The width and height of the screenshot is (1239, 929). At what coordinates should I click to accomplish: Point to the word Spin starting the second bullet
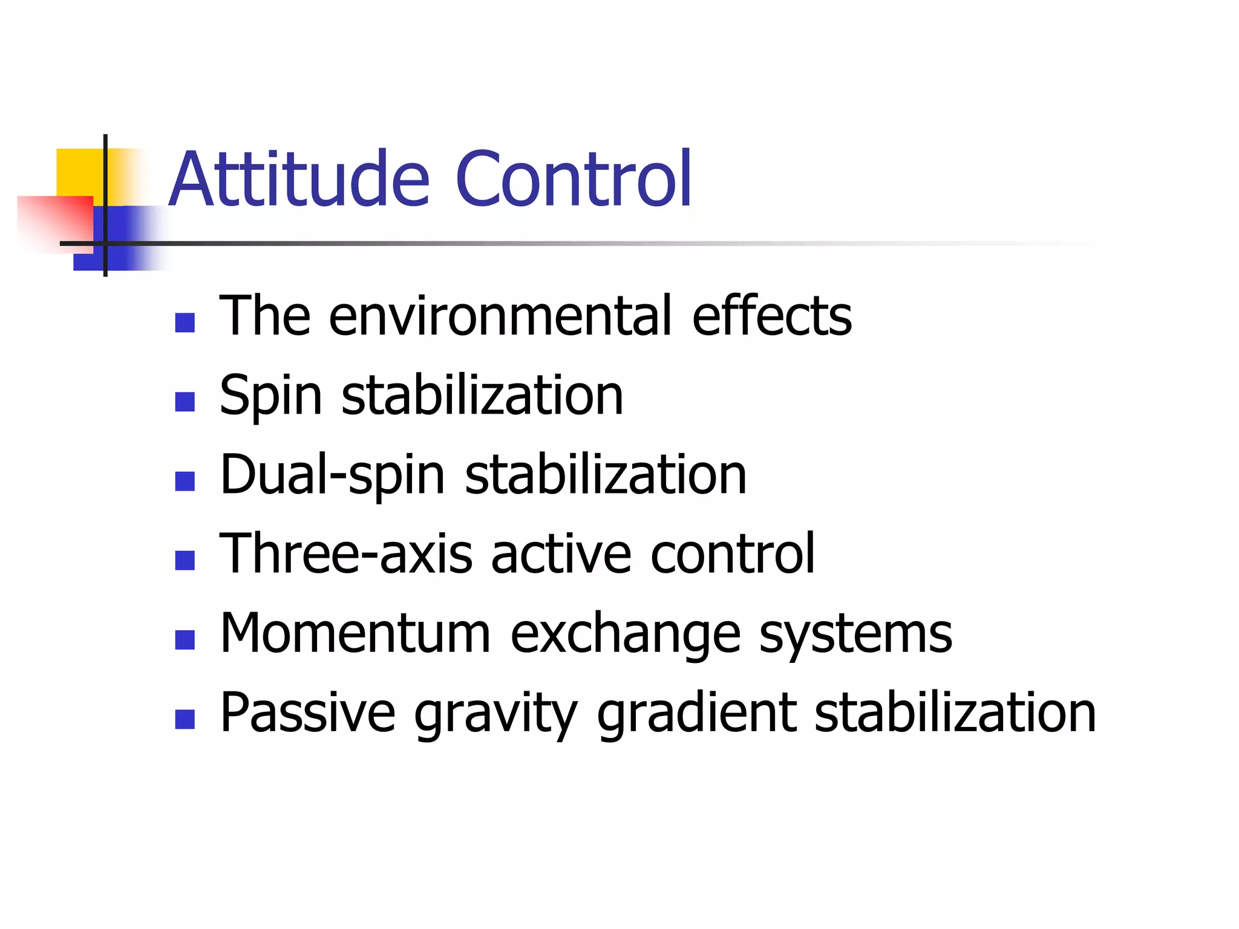pyautogui.click(x=270, y=396)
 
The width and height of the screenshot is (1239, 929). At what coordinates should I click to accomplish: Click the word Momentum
pyautogui.click(x=355, y=634)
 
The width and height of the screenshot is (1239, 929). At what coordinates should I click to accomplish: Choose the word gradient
pyautogui.click(x=696, y=714)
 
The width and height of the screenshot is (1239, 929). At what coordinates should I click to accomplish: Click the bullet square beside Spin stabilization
pyautogui.click(x=185, y=402)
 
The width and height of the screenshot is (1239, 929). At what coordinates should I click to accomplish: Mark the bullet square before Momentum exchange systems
pyautogui.click(x=185, y=640)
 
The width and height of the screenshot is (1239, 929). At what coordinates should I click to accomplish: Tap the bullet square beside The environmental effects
pyautogui.click(x=185, y=322)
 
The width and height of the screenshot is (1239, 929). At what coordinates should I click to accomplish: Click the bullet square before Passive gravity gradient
pyautogui.click(x=185, y=719)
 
